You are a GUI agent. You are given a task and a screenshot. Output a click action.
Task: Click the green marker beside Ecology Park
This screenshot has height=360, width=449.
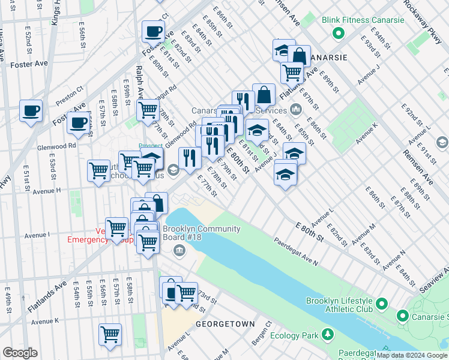point(328,334)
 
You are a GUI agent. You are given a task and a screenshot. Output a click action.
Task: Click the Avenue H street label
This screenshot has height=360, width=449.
point(47,191)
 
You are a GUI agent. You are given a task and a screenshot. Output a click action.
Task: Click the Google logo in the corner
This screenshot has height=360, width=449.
point(20,353)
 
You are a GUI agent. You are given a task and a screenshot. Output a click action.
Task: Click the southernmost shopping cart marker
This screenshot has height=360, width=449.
point(110,334)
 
